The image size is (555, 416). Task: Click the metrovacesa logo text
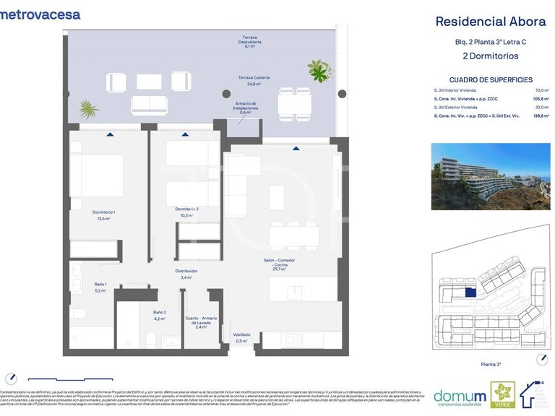tap(40, 14)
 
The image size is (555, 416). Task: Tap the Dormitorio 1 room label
tap(104, 214)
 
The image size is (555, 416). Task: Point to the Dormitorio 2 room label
tap(186, 212)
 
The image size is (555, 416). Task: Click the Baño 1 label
tap(100, 287)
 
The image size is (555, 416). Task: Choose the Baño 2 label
tap(160, 315)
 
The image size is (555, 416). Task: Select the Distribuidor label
tap(186, 274)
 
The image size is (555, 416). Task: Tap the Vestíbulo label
tap(241, 338)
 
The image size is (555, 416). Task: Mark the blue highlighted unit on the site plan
tap(470, 292)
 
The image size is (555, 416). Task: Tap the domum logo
tap(459, 396)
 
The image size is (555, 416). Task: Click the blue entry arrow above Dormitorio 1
tap(109, 134)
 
